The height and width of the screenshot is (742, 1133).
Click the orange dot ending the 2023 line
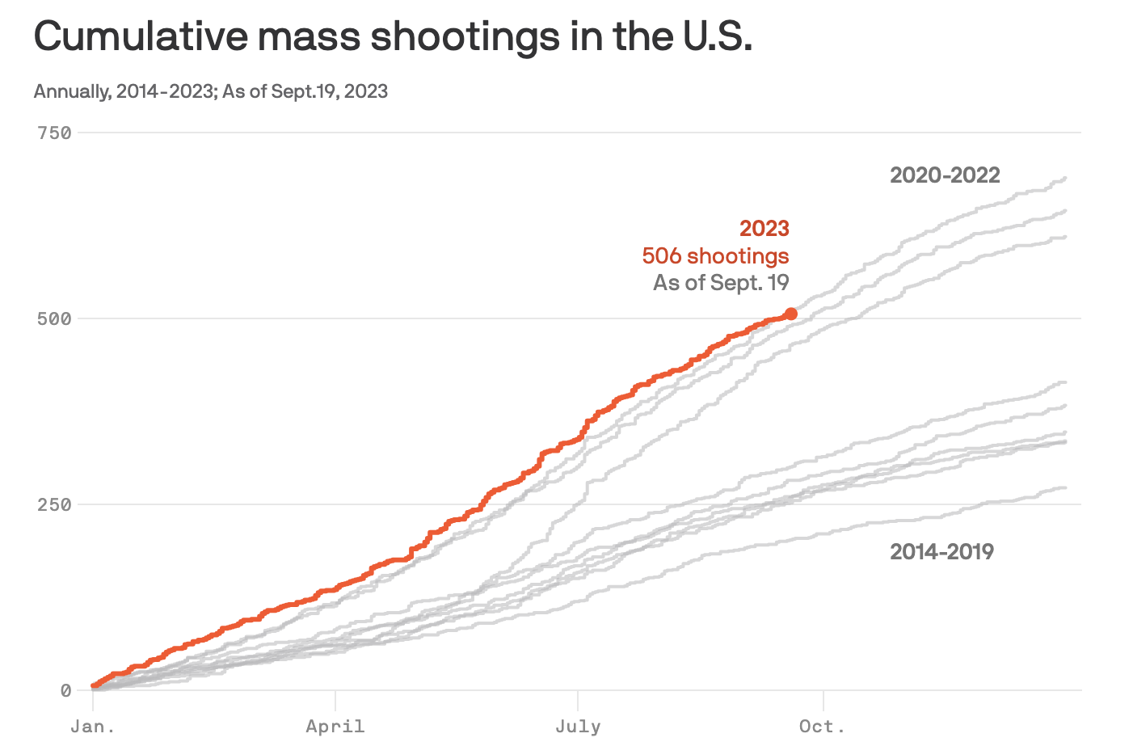[x=791, y=314]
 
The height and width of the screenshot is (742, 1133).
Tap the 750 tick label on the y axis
[x=54, y=133]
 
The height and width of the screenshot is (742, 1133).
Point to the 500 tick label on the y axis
[x=54, y=318]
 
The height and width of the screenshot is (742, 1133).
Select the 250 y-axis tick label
[x=54, y=504]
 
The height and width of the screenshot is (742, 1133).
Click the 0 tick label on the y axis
[x=65, y=690]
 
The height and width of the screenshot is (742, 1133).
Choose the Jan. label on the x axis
[x=93, y=726]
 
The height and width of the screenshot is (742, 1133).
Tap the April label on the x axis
[x=335, y=726]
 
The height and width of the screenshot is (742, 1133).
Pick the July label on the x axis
[x=578, y=726]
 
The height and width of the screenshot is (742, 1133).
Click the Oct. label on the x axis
[x=823, y=726]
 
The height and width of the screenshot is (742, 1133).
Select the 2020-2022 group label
[x=945, y=175]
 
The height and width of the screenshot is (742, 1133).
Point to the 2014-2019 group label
[x=941, y=551]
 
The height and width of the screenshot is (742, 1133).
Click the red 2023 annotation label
[x=764, y=228]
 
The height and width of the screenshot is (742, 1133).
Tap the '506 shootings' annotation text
[x=715, y=255]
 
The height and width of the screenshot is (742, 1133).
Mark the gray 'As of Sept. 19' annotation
[x=721, y=282]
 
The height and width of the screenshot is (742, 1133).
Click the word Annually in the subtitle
[x=71, y=91]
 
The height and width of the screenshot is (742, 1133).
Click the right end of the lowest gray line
[x=1066, y=487]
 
